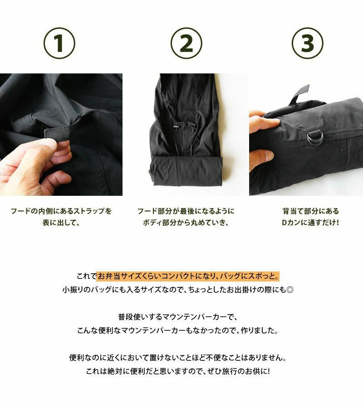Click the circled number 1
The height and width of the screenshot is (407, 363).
59,43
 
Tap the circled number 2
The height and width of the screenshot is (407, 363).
186,43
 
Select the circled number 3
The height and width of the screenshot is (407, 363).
308,43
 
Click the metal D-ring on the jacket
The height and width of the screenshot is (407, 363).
314,136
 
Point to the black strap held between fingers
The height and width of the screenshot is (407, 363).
57,134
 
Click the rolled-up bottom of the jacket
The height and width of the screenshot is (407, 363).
186,172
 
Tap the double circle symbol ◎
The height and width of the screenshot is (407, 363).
290,290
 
